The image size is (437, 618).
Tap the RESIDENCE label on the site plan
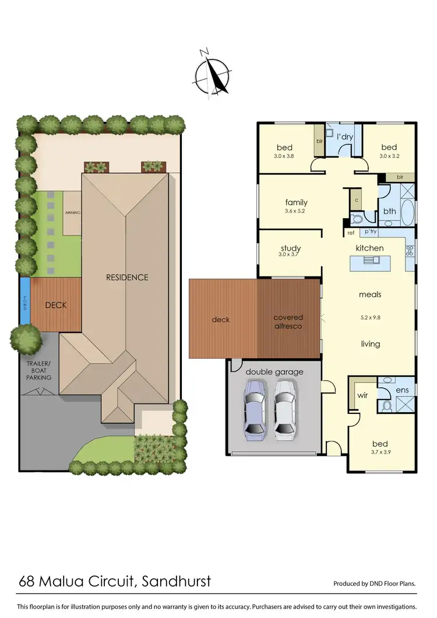click(x=127, y=278)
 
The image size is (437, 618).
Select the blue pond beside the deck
click(x=24, y=301)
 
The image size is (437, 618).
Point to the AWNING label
click(x=72, y=213)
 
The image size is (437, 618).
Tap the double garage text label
click(x=273, y=371)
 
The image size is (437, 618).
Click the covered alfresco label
click(x=288, y=322)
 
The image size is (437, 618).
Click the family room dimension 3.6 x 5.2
click(x=295, y=211)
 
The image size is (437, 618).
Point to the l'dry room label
click(x=346, y=137)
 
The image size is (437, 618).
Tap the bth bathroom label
click(x=389, y=212)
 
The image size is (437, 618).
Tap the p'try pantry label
click(x=369, y=231)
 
